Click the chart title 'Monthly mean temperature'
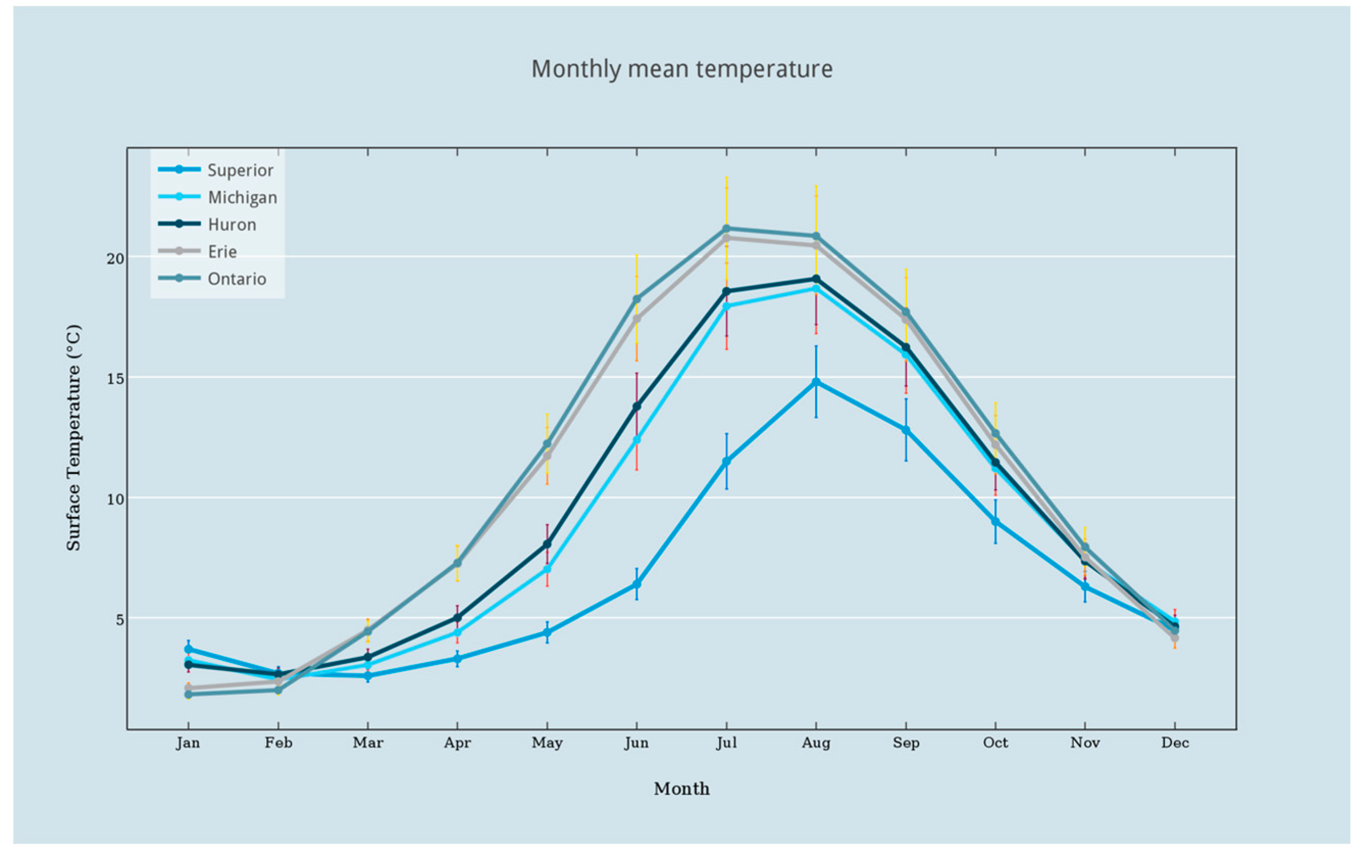tap(682, 69)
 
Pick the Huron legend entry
tap(207, 224)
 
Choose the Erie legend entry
tap(197, 251)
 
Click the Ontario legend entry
tap(212, 278)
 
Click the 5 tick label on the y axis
tap(120, 619)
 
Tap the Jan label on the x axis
tap(188, 743)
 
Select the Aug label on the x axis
tap(816, 743)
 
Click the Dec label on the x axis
tap(1175, 743)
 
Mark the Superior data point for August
tap(816, 382)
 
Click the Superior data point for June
tap(637, 584)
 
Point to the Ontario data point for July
tap(726, 229)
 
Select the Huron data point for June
tap(637, 406)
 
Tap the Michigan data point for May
tap(547, 569)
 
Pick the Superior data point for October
tap(996, 521)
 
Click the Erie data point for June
tap(637, 318)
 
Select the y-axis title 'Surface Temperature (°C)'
tap(73, 437)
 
